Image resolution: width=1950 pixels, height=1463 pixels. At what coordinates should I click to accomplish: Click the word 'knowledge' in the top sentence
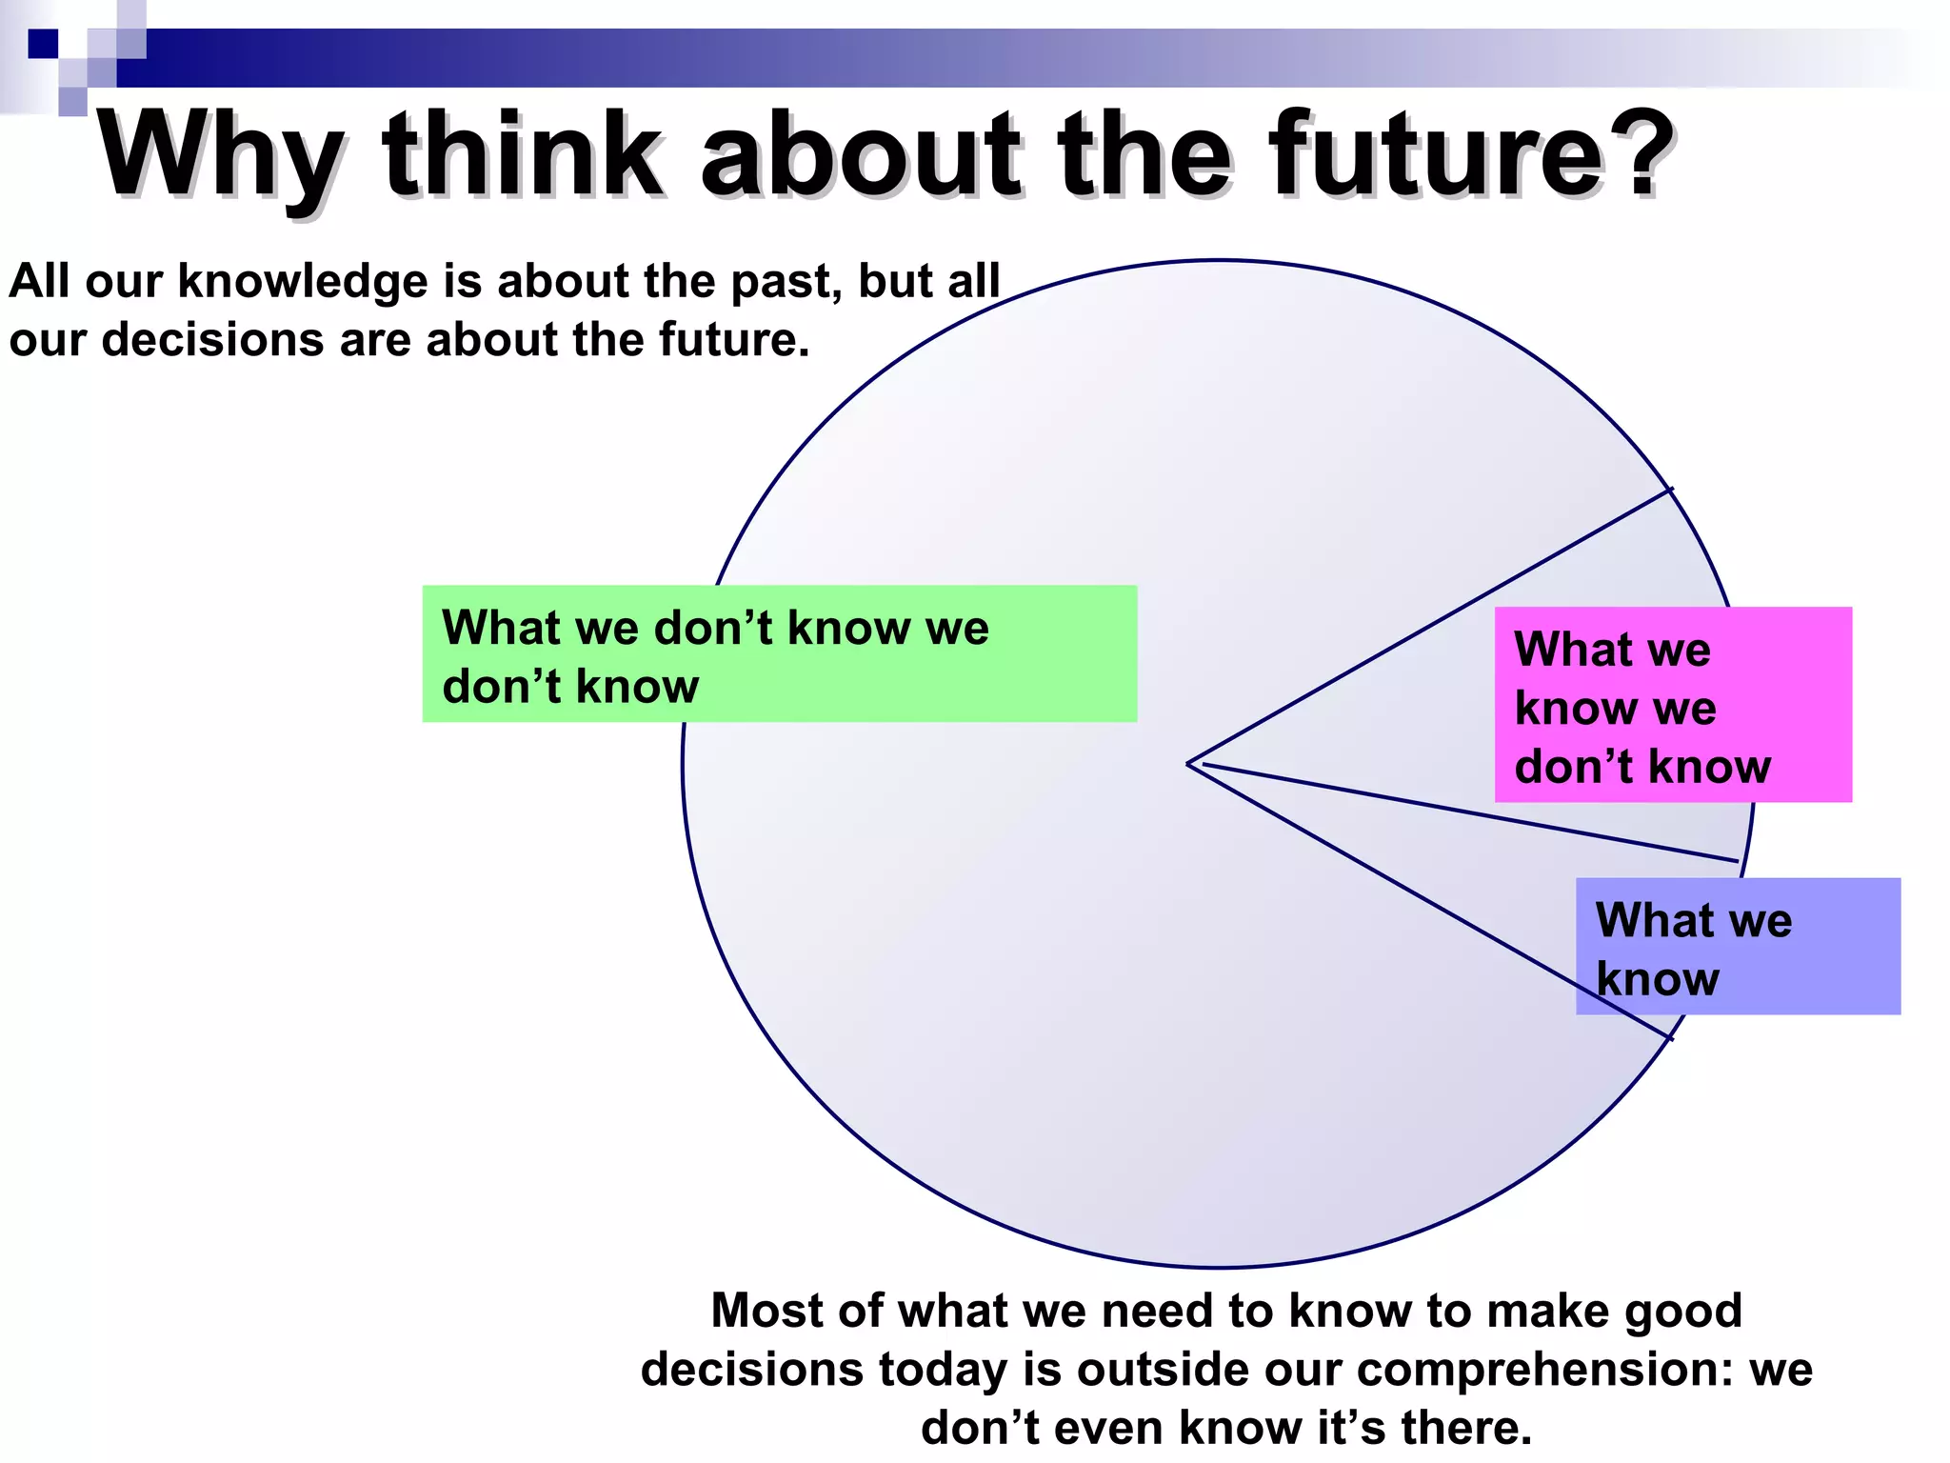pyautogui.click(x=303, y=282)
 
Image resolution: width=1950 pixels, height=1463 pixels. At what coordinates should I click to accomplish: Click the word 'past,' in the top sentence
pyautogui.click(x=786, y=282)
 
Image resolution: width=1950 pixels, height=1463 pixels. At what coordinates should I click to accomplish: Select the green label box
pyautogui.click(x=779, y=653)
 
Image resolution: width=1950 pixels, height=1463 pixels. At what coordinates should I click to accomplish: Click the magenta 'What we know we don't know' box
pyautogui.click(x=1672, y=705)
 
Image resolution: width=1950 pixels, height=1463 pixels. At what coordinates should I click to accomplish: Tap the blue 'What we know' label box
pyautogui.click(x=1738, y=946)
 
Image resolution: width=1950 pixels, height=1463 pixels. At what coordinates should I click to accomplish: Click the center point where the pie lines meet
pyautogui.click(x=1188, y=764)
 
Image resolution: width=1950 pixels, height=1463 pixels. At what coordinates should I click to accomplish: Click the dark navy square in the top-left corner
pyautogui.click(x=43, y=44)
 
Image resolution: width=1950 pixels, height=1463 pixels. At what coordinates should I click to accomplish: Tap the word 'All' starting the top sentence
pyautogui.click(x=39, y=282)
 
